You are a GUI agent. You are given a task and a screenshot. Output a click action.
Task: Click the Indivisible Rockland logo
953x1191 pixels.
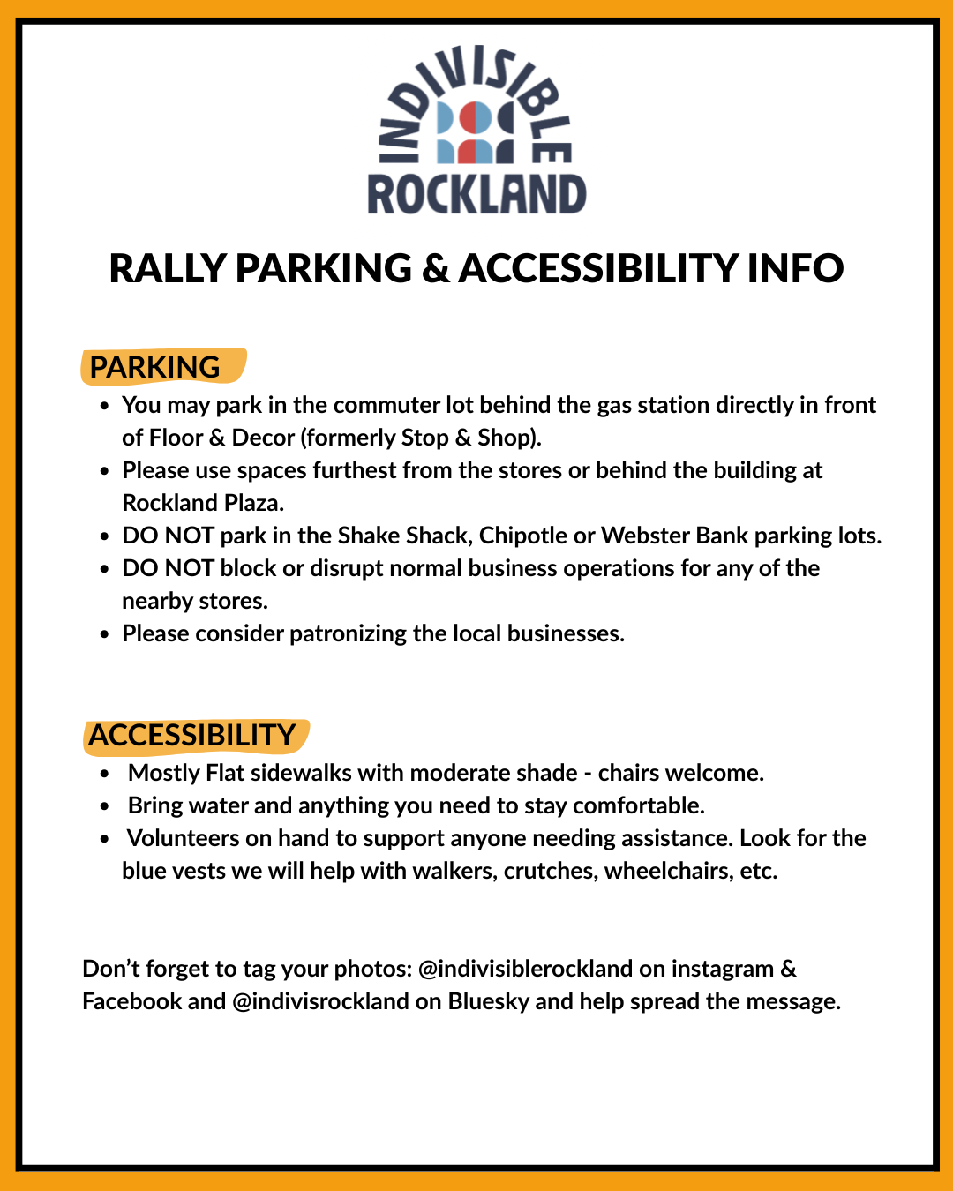[476, 131]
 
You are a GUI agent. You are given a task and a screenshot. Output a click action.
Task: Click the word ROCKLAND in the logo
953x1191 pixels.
[476, 194]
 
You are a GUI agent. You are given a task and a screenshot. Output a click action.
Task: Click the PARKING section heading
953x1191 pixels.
[155, 367]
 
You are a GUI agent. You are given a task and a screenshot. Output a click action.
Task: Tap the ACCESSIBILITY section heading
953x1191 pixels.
[192, 736]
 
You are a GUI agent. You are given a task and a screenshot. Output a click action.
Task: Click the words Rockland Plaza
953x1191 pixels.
[202, 503]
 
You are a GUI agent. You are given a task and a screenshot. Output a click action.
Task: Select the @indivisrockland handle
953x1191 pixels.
[320, 1001]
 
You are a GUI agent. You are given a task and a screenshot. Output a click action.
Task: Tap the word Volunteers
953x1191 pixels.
[183, 838]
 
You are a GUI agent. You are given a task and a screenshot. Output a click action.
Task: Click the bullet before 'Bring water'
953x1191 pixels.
[105, 806]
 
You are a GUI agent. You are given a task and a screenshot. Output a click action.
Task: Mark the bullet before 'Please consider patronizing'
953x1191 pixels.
[105, 634]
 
